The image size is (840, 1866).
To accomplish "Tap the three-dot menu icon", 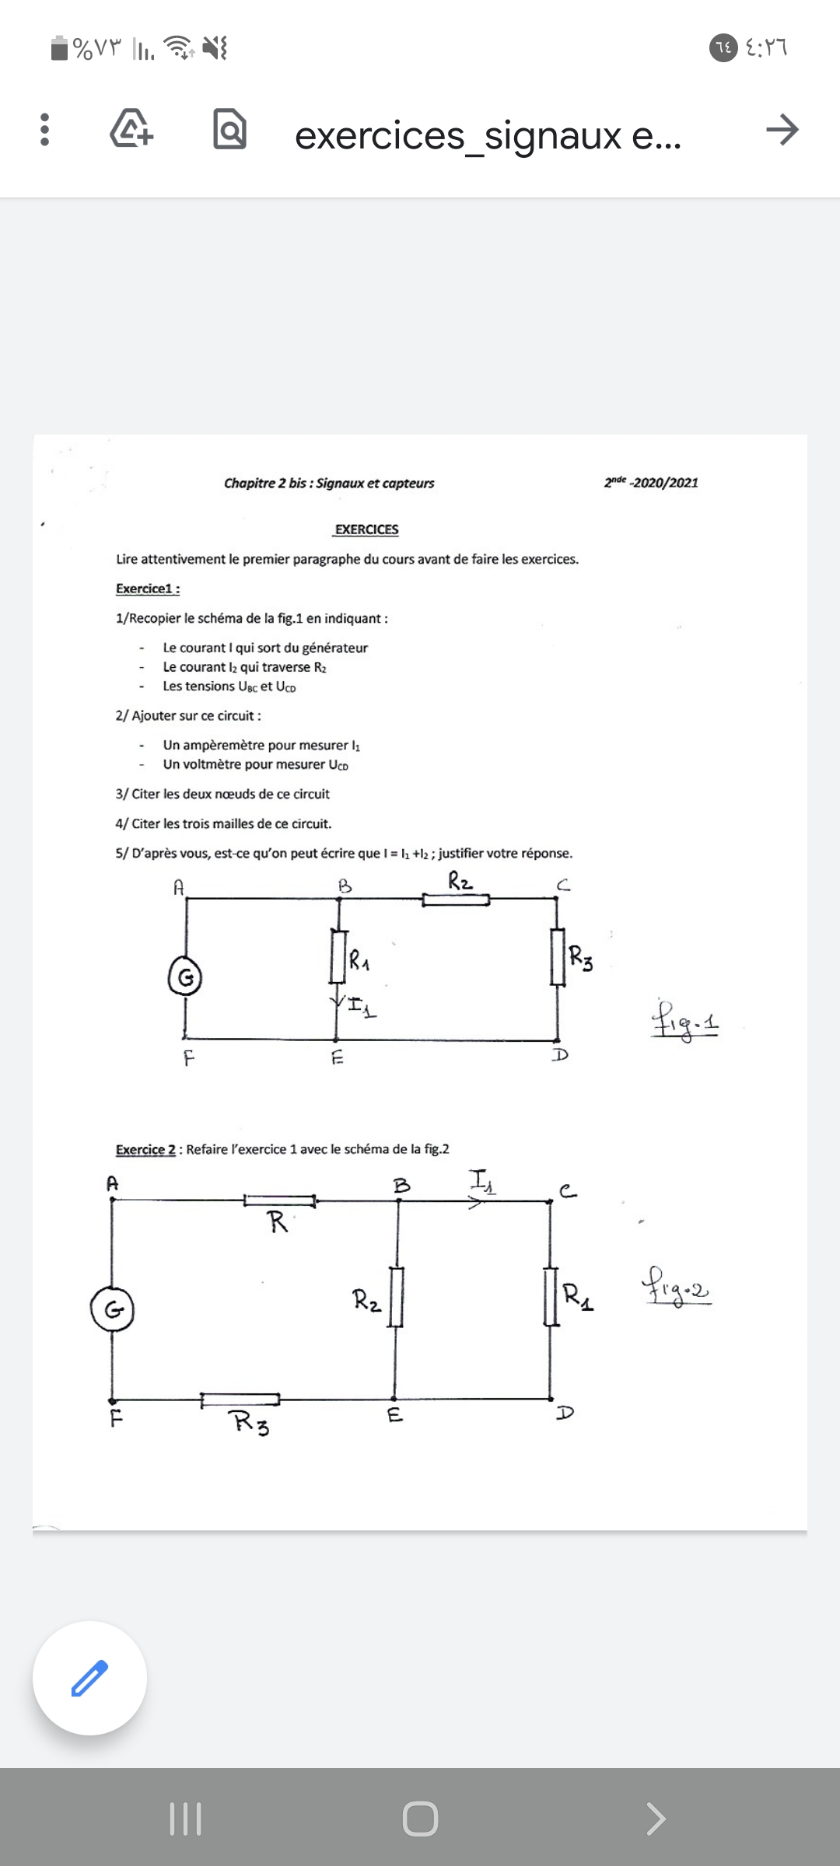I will point(44,130).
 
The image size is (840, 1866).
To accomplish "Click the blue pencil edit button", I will point(89,1678).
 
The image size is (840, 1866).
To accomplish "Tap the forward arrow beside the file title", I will point(782,130).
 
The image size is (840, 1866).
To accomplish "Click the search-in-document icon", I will point(229,130).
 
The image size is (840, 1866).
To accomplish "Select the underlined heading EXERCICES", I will point(366,529).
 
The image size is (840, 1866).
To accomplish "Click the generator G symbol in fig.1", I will point(185,977).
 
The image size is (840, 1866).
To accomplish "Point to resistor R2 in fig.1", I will point(456,900).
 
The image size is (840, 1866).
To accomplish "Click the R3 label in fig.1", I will point(580,956).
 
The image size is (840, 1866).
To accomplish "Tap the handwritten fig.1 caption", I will point(684,1020).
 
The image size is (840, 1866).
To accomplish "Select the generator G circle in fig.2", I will point(113,1309).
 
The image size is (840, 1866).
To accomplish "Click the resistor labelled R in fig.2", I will point(279,1201).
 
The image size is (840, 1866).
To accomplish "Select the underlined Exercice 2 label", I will point(145,1149).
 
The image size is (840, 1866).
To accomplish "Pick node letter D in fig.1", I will point(560,1055).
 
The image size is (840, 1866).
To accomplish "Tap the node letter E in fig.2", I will point(395,1416).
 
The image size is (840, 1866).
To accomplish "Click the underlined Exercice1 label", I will point(148,589).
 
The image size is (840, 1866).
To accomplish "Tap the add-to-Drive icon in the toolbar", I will point(131,130).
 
